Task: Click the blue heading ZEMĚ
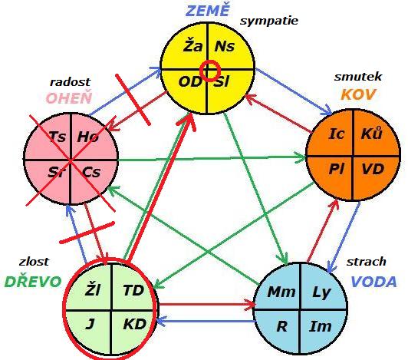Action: (208, 10)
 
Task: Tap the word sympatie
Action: (268, 21)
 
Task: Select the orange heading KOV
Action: (359, 94)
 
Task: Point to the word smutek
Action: (358, 77)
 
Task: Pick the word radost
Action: (70, 82)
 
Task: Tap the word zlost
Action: (34, 262)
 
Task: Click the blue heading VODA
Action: (374, 282)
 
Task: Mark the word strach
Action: (366, 262)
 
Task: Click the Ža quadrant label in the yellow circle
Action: (192, 45)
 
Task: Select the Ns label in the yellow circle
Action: (224, 47)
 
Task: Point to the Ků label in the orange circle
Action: (371, 133)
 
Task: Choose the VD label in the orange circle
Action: (373, 169)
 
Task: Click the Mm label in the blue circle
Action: (281, 292)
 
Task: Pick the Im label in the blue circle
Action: (321, 327)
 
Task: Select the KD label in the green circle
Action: (134, 325)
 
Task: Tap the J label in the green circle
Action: (90, 325)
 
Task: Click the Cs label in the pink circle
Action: (91, 172)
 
